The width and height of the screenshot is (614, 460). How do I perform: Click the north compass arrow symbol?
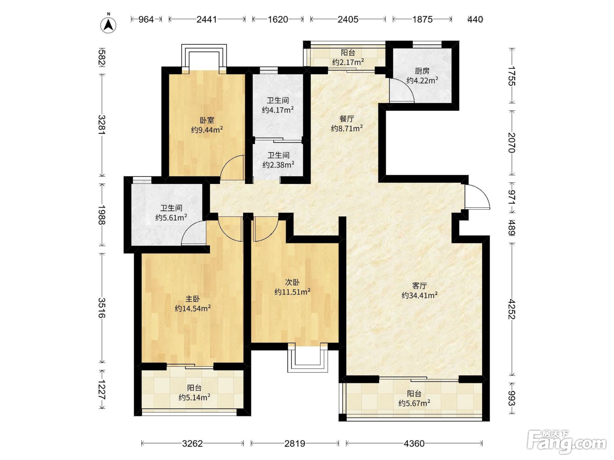pos(108,25)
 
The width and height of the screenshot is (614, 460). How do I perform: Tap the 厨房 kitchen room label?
pos(422,71)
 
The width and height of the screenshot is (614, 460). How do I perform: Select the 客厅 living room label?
pos(420,286)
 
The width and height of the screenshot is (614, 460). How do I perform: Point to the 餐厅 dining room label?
pos(347,119)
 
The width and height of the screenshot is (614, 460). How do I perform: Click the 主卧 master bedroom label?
pos(193,299)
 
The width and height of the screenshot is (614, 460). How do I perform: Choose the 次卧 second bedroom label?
pos(293,283)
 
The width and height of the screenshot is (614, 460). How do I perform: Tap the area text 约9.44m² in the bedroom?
pos(207,130)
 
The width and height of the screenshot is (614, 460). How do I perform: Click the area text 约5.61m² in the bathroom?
pos(171,217)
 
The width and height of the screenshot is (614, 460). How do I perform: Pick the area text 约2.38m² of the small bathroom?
pos(278,165)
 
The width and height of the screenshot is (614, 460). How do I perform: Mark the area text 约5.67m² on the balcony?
pos(414,403)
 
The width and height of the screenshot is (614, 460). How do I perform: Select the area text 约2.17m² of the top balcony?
pos(348,62)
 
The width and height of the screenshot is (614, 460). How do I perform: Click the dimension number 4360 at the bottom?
pos(414,443)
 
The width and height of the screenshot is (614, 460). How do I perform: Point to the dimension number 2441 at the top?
pos(207,19)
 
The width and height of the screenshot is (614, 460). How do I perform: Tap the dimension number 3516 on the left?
pos(102,308)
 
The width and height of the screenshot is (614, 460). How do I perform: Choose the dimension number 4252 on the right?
pos(512,309)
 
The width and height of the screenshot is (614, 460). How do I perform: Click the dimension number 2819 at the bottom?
pos(295,443)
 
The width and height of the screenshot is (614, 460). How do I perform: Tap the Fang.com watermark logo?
pos(567,442)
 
